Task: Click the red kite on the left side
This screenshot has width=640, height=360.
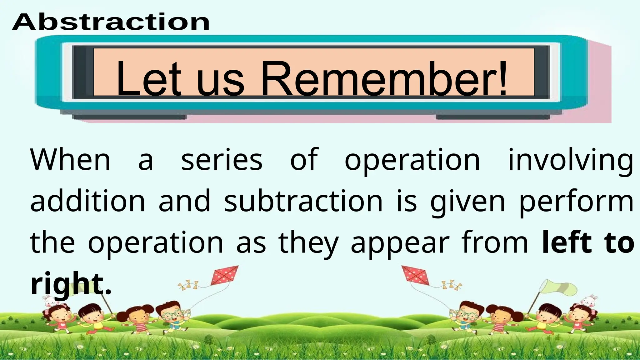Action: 224,275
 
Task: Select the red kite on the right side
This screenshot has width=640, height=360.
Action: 415,275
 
